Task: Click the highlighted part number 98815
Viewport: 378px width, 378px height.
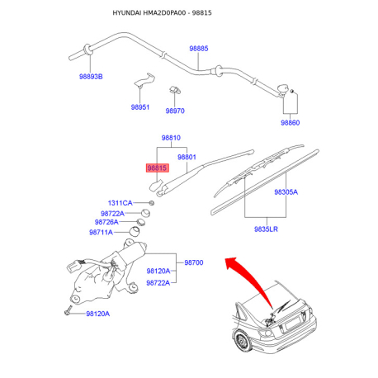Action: (157, 168)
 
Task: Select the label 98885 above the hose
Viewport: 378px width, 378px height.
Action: (199, 49)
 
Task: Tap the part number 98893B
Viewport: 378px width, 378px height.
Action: (91, 77)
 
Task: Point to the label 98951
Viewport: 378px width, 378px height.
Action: (140, 107)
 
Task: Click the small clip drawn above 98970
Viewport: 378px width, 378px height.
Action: (175, 90)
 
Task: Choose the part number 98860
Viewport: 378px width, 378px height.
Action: (290, 122)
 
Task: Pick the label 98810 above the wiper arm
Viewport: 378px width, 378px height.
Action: (171, 138)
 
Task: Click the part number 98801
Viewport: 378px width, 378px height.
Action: (187, 157)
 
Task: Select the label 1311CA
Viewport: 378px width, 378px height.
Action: (120, 203)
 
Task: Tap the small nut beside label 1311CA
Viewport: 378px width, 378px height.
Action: (151, 203)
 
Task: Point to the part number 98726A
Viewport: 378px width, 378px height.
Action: (106, 222)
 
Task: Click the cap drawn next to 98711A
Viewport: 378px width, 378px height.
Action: (135, 231)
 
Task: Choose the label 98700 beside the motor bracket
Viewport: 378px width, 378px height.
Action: (194, 262)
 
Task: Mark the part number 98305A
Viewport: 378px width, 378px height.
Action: (286, 191)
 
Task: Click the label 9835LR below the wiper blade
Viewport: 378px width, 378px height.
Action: (266, 229)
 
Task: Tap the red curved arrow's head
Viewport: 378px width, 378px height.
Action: (230, 262)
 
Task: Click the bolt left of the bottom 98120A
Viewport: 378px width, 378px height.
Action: (68, 310)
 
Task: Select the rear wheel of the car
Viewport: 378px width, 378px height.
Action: (242, 342)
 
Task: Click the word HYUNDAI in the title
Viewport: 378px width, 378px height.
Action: (127, 13)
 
